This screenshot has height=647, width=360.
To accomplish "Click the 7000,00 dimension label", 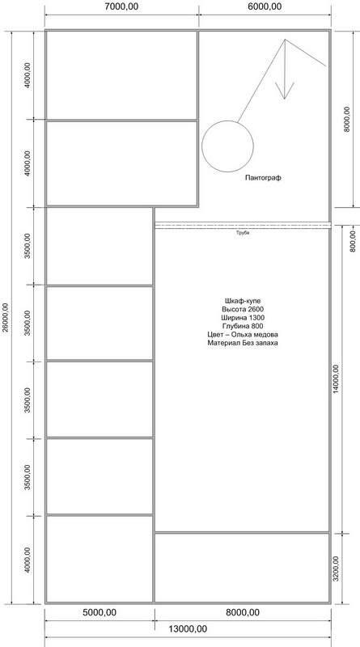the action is pos(121,6).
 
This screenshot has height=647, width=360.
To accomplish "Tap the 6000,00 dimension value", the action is pos(265,6).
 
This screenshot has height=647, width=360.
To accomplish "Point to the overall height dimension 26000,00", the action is pos(5,317).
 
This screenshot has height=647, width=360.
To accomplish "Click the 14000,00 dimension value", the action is pos(335,378).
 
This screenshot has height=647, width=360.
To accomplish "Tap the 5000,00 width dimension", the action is pos(100,612).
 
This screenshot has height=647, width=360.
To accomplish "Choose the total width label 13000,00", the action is pos(188,629).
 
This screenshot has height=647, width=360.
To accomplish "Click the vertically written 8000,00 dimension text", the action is pos(347,119).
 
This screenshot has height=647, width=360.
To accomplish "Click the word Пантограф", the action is pos(263,178).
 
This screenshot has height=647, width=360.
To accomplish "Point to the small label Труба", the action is pos(243,233).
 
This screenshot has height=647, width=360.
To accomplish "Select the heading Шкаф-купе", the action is pos(243,300).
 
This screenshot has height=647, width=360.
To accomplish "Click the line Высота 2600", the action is pos(243,309).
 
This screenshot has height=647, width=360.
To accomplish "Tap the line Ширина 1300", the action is pos(243,318).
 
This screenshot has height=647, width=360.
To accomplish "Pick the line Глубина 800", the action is pos(243,326).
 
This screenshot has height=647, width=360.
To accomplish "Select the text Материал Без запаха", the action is pos(243,343).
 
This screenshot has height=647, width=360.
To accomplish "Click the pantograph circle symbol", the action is pos(227,121).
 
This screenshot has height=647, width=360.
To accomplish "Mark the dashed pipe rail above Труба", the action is pos(243,226).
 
